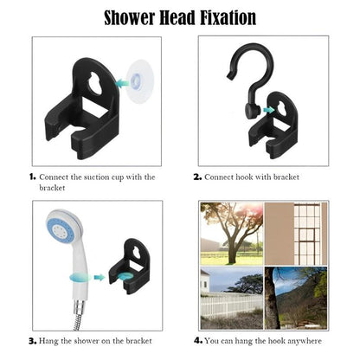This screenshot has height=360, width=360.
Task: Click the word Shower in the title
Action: pos(130,17)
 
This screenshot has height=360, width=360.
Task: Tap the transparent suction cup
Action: pos(138,81)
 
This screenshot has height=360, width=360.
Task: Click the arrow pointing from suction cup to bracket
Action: pos(122,83)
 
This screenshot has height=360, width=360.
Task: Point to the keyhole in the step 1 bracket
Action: pos(95,84)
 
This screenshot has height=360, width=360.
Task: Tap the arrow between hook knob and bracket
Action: pos(268,110)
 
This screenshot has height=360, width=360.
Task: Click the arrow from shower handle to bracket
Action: pos(100,278)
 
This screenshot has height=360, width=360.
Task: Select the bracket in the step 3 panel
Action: pos(129,266)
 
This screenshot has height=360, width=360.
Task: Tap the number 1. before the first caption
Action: pos(32,177)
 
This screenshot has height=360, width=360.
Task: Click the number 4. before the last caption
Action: pos(198,341)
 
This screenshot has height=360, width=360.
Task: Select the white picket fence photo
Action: pos(232,298)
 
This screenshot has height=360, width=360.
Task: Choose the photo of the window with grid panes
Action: pos(296,234)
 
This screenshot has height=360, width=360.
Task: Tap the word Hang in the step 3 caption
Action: pos(48,341)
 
